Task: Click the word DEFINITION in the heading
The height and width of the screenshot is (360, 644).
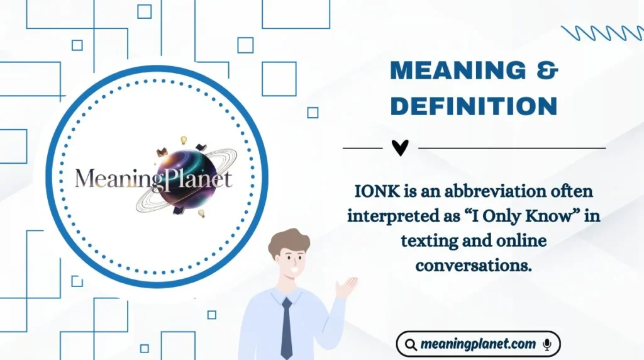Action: click(474, 106)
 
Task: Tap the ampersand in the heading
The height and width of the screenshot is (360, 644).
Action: click(549, 70)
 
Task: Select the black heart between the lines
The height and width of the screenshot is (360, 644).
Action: click(400, 148)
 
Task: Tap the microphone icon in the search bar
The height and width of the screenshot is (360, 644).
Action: click(547, 344)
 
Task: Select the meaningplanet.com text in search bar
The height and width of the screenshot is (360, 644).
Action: click(479, 344)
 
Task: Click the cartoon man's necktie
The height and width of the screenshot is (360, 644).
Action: click(287, 327)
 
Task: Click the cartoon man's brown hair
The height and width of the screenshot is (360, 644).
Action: click(287, 242)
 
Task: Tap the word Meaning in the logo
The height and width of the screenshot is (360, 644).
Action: click(110, 179)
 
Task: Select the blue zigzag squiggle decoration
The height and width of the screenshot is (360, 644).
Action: click(601, 33)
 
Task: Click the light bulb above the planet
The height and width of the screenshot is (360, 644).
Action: click(184, 140)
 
